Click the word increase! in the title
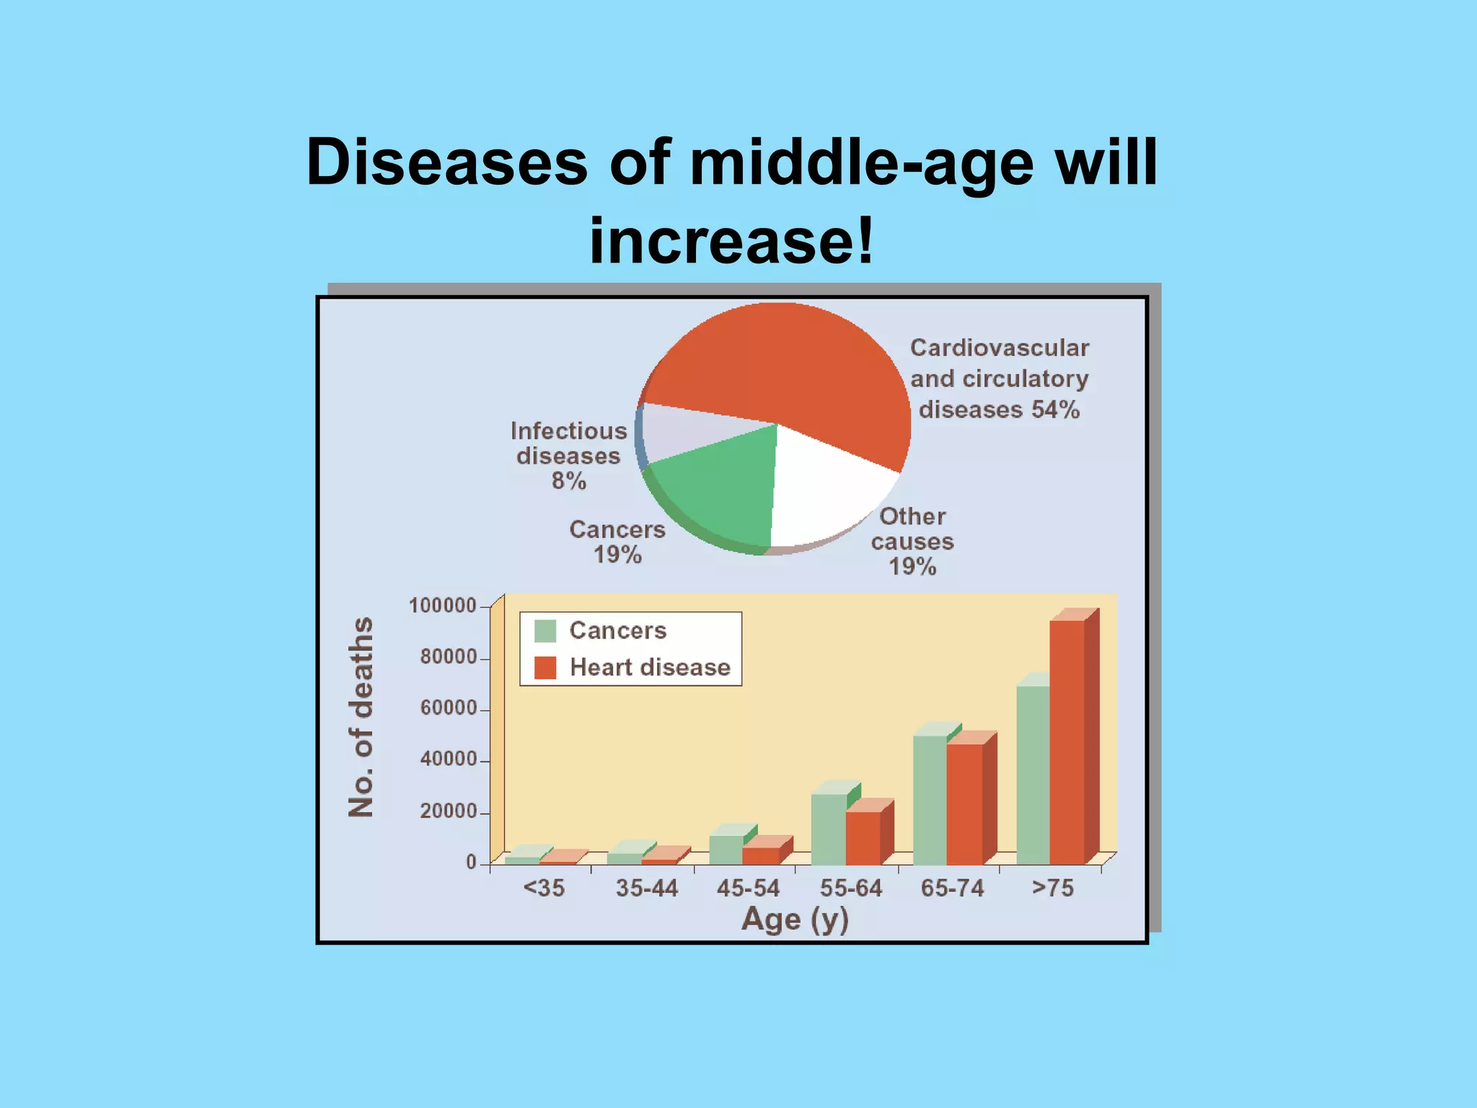731,240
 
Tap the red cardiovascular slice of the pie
793,361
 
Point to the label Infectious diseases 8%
568,455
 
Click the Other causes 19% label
912,541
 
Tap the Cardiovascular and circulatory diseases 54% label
999,379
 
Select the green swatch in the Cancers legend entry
545,630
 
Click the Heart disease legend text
650,667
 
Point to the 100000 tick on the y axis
443,605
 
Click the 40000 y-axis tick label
448,759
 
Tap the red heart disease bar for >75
1067,743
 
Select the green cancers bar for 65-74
930,801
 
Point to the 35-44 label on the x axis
646,888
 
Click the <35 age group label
544,888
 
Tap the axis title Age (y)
795,920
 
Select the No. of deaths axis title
361,717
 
